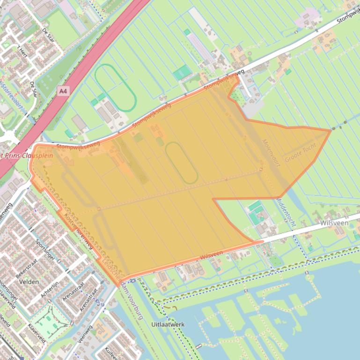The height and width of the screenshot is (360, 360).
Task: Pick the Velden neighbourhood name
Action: coord(29,282)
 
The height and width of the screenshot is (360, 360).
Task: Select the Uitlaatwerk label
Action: coord(168,324)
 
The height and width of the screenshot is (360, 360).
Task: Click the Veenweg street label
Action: coord(85,335)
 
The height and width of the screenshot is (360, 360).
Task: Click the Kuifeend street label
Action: coord(110,353)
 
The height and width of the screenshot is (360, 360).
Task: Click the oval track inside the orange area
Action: coord(181,163)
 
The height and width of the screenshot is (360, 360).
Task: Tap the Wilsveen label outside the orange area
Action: coord(334,223)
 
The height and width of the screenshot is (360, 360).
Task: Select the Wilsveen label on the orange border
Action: coord(211,255)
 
